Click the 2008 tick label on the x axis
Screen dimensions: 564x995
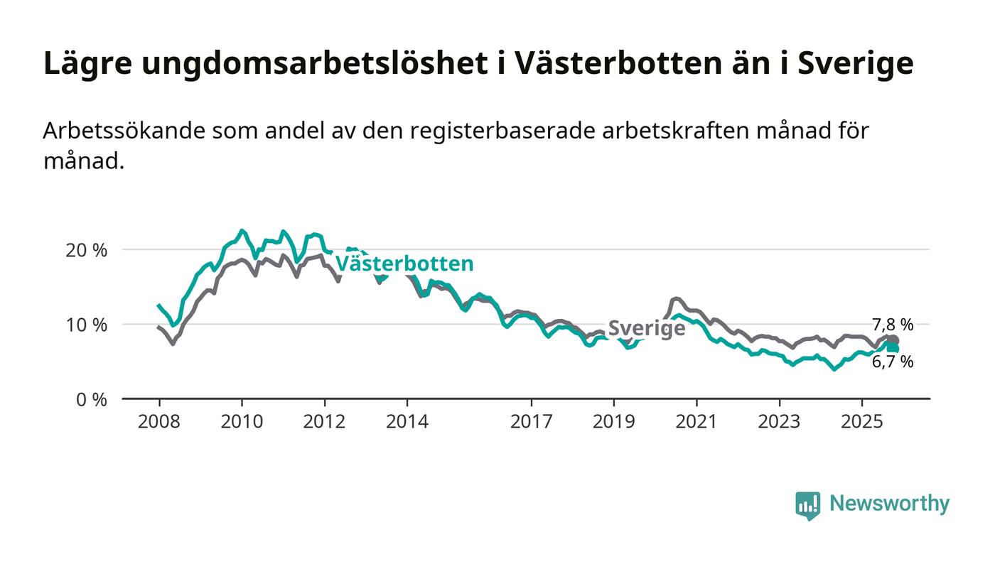[x=158, y=421]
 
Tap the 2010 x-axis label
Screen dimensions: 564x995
[x=241, y=421]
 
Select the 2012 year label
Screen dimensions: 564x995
[x=324, y=421]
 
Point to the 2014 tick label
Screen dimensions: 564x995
[x=407, y=421]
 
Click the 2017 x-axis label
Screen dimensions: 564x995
[x=531, y=421]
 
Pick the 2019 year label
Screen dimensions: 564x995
[x=613, y=421]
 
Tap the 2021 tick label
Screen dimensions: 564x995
[x=696, y=421]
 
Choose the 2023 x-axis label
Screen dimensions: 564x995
[x=779, y=421]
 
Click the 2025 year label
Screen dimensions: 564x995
[x=861, y=421]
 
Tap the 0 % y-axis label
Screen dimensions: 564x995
[x=91, y=399]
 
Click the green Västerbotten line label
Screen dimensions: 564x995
[x=404, y=264]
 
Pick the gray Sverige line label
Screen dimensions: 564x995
[x=646, y=328]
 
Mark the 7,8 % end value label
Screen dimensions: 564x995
[x=893, y=325]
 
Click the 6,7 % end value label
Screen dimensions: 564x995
[x=893, y=362]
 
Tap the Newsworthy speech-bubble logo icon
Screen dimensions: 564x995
[x=807, y=505]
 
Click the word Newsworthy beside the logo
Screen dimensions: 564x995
[x=889, y=504]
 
